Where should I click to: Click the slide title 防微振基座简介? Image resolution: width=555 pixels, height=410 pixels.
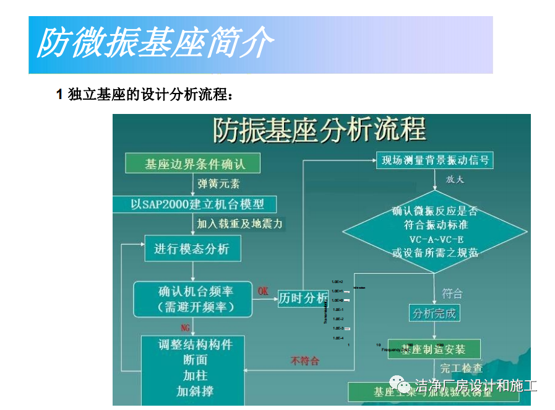point(155,43)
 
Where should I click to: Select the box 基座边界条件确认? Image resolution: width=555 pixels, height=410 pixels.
point(193,164)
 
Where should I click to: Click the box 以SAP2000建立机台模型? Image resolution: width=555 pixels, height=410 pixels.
point(194,204)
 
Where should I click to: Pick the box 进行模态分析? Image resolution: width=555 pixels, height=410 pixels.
point(192,248)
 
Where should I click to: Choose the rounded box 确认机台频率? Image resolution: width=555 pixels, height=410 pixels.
point(193,299)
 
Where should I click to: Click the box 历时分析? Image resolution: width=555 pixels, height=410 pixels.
point(303,298)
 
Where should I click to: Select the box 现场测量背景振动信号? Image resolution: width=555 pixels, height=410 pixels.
point(435,161)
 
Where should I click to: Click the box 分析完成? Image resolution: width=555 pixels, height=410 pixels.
point(434,313)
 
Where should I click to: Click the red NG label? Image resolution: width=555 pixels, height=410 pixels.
point(185,326)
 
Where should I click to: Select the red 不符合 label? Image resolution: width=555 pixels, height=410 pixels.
point(304,360)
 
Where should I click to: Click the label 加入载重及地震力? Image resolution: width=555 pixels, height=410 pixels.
point(239,224)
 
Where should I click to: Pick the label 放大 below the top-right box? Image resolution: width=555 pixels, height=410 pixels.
point(455,180)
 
